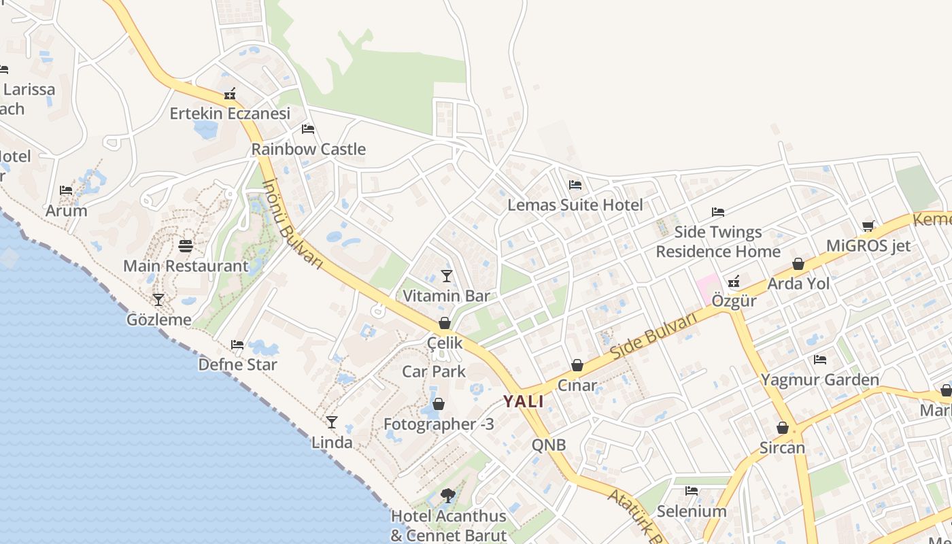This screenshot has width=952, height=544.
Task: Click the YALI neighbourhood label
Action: pyautogui.click(x=524, y=401)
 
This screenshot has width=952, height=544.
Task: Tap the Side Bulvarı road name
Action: pyautogui.click(x=654, y=337)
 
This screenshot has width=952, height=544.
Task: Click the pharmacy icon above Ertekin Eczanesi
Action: pyautogui.click(x=230, y=94)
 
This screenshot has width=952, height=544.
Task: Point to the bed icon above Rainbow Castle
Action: pyautogui.click(x=308, y=129)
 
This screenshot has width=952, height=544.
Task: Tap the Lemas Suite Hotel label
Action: pyautogui.click(x=575, y=205)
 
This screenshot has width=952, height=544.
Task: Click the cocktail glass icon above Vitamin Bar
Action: pyautogui.click(x=446, y=275)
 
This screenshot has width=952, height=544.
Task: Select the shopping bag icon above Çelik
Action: pyautogui.click(x=444, y=323)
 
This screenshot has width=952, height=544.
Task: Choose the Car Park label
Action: pyautogui.click(x=434, y=371)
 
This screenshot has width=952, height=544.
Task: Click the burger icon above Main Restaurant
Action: pyautogui.click(x=186, y=245)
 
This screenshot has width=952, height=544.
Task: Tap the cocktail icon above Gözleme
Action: pyautogui.click(x=158, y=299)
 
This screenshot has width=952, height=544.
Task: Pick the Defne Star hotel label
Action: pyautogui.click(x=237, y=364)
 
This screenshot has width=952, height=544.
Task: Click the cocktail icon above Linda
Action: pyautogui.click(x=331, y=422)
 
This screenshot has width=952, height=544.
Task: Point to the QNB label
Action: pyautogui.click(x=548, y=445)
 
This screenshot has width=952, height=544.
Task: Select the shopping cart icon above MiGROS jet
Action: pyautogui.click(x=868, y=226)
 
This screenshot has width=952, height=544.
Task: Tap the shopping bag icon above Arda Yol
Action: pyautogui.click(x=798, y=264)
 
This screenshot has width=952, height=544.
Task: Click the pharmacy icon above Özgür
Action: pyautogui.click(x=734, y=281)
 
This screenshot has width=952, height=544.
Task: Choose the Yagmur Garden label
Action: pyautogui.click(x=819, y=379)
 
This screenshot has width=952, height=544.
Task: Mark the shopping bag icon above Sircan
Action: pyautogui.click(x=783, y=428)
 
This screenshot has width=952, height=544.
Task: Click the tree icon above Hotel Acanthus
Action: pyautogui.click(x=447, y=496)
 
